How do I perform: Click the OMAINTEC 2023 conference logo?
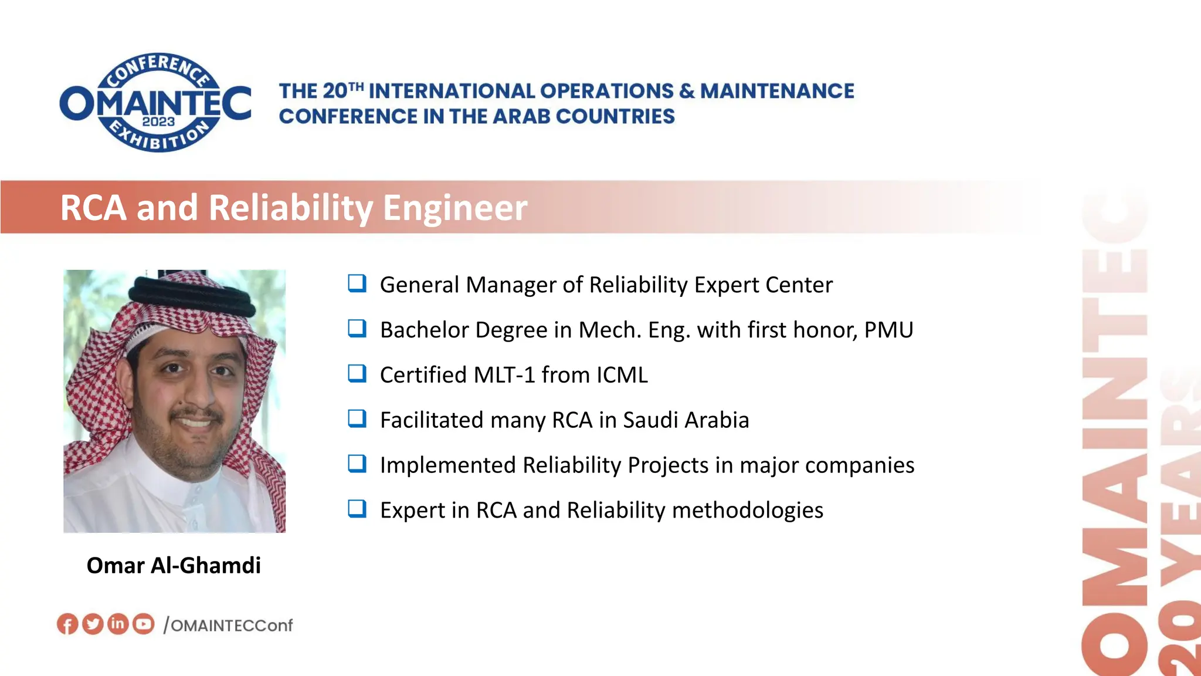[156, 103]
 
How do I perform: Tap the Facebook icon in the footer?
[67, 624]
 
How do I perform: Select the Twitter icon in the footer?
[93, 624]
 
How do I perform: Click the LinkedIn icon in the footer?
[118, 623]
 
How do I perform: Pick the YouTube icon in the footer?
[143, 624]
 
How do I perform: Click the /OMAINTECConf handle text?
[228, 626]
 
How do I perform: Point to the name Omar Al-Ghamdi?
[174, 565]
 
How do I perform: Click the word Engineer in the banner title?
[455, 208]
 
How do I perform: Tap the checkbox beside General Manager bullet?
[357, 283]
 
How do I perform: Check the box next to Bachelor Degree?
[357, 329]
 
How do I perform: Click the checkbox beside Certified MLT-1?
[357, 374]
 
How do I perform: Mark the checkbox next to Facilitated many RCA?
[357, 419]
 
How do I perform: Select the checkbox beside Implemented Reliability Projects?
[357, 464]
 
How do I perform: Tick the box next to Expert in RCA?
[357, 509]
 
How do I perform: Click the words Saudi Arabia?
[686, 420]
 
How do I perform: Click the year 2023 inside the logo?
[158, 121]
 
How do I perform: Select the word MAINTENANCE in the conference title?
[777, 91]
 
